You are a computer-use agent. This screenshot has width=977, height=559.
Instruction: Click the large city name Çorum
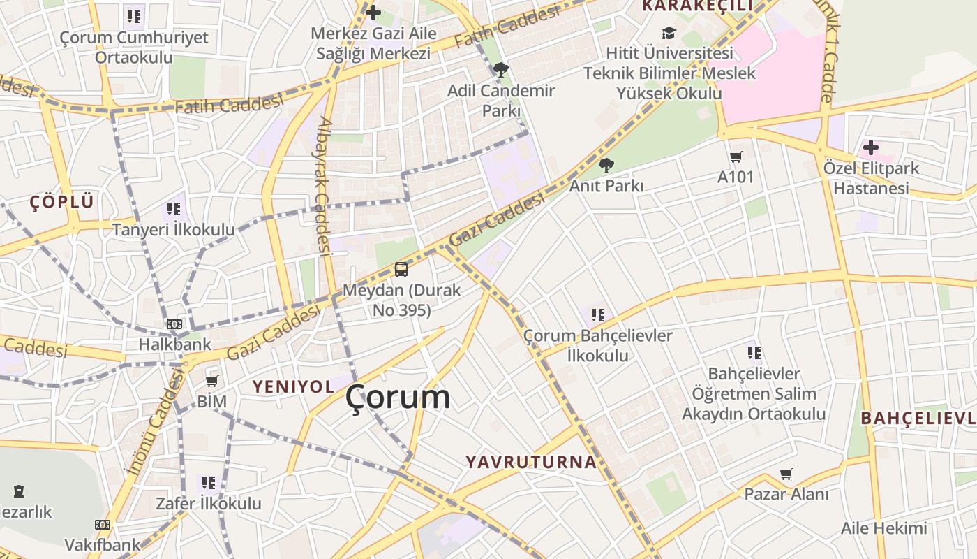(x=398, y=398)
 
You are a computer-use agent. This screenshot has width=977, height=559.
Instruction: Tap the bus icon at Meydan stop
(x=401, y=269)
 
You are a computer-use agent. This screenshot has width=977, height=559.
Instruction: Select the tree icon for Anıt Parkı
(x=606, y=166)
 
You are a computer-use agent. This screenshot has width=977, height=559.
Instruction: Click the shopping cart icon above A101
(x=736, y=157)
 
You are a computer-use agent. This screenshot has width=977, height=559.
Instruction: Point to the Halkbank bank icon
(x=174, y=324)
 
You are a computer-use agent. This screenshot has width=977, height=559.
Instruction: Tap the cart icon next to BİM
(x=211, y=382)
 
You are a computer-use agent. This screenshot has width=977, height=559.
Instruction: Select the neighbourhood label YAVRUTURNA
(x=531, y=462)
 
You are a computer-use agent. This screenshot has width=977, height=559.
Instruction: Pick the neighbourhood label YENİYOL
(x=293, y=386)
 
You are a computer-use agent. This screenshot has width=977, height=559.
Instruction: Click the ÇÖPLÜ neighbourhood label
(x=61, y=203)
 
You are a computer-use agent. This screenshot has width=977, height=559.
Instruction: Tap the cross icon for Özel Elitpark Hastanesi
(x=870, y=147)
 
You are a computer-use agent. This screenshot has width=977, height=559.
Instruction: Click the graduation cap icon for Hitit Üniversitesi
(x=669, y=33)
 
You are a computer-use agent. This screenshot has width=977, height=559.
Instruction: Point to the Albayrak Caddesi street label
(x=322, y=186)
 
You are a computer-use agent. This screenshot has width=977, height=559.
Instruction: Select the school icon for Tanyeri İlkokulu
(x=174, y=208)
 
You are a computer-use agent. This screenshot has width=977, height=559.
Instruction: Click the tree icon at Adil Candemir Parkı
(x=500, y=69)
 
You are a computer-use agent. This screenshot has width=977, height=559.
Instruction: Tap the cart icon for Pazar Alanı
(x=786, y=474)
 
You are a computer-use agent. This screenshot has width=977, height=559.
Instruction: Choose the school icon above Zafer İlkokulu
(x=208, y=482)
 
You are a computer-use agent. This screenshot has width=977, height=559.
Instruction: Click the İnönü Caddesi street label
(x=155, y=423)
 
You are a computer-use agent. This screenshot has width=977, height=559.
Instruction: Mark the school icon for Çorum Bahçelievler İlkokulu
(x=598, y=315)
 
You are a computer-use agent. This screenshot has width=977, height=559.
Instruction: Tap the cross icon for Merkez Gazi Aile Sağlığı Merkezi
(x=373, y=12)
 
